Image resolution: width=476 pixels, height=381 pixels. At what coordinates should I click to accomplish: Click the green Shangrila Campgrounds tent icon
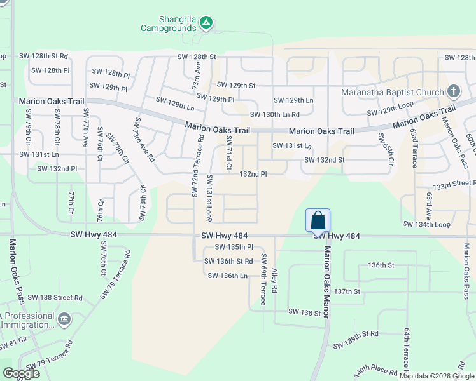point(206,23)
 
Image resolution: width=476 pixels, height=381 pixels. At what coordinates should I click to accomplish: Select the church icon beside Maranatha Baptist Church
point(454,91)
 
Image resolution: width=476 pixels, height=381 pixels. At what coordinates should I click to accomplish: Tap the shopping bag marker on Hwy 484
point(318,221)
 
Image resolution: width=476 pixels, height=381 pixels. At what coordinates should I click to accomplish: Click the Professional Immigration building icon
point(64,318)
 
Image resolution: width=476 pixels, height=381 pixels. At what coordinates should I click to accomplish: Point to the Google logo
point(21,374)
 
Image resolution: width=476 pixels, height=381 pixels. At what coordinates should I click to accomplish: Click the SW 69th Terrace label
point(263,280)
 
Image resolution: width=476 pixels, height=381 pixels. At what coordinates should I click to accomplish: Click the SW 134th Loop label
point(426,224)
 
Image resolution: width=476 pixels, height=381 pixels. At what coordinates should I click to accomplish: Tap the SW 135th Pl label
point(234,247)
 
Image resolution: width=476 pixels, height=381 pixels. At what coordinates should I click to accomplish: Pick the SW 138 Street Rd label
point(59,297)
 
